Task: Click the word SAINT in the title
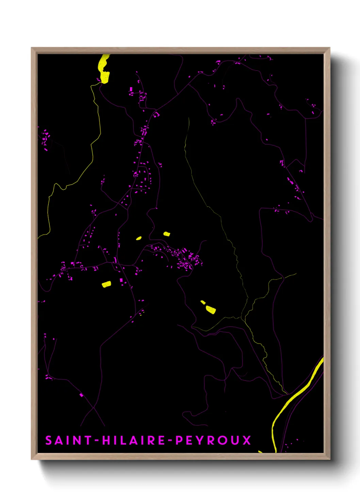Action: pyautogui.click(x=68, y=440)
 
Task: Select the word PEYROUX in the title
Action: pyautogui.click(x=213, y=440)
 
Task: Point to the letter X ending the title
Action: pyautogui.click(x=246, y=440)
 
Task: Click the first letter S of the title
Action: pyautogui.click(x=49, y=440)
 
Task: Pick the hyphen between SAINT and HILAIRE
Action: pyautogui.click(x=97, y=441)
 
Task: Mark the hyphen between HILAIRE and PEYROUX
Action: pyautogui.click(x=170, y=441)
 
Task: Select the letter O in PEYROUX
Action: pyautogui.click(x=223, y=440)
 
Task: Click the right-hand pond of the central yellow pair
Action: pyautogui.click(x=167, y=234)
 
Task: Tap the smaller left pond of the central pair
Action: pyautogui.click(x=139, y=238)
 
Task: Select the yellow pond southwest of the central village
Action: pyautogui.click(x=107, y=284)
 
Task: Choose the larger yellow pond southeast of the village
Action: pyautogui.click(x=211, y=310)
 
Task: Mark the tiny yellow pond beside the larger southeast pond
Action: pyautogui.click(x=203, y=302)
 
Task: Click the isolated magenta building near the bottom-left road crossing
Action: pyautogui.click(x=81, y=395)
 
